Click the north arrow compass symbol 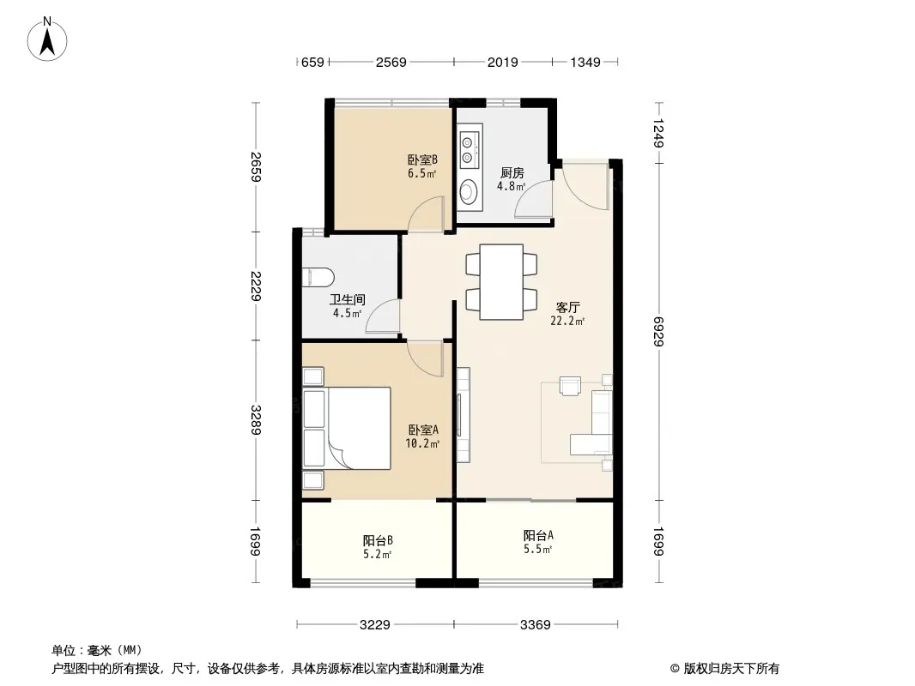47,39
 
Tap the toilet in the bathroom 318,276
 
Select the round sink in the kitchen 469,190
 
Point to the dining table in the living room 501,282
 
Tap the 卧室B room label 422,159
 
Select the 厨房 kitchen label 512,173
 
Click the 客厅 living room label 567,307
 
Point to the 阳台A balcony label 538,535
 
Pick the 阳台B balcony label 378,540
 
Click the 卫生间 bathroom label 348,299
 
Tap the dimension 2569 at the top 391,62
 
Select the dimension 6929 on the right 659,331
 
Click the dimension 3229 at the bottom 374,625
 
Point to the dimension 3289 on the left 256,419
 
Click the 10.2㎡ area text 422,443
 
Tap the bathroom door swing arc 379,314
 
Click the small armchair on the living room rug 570,386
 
